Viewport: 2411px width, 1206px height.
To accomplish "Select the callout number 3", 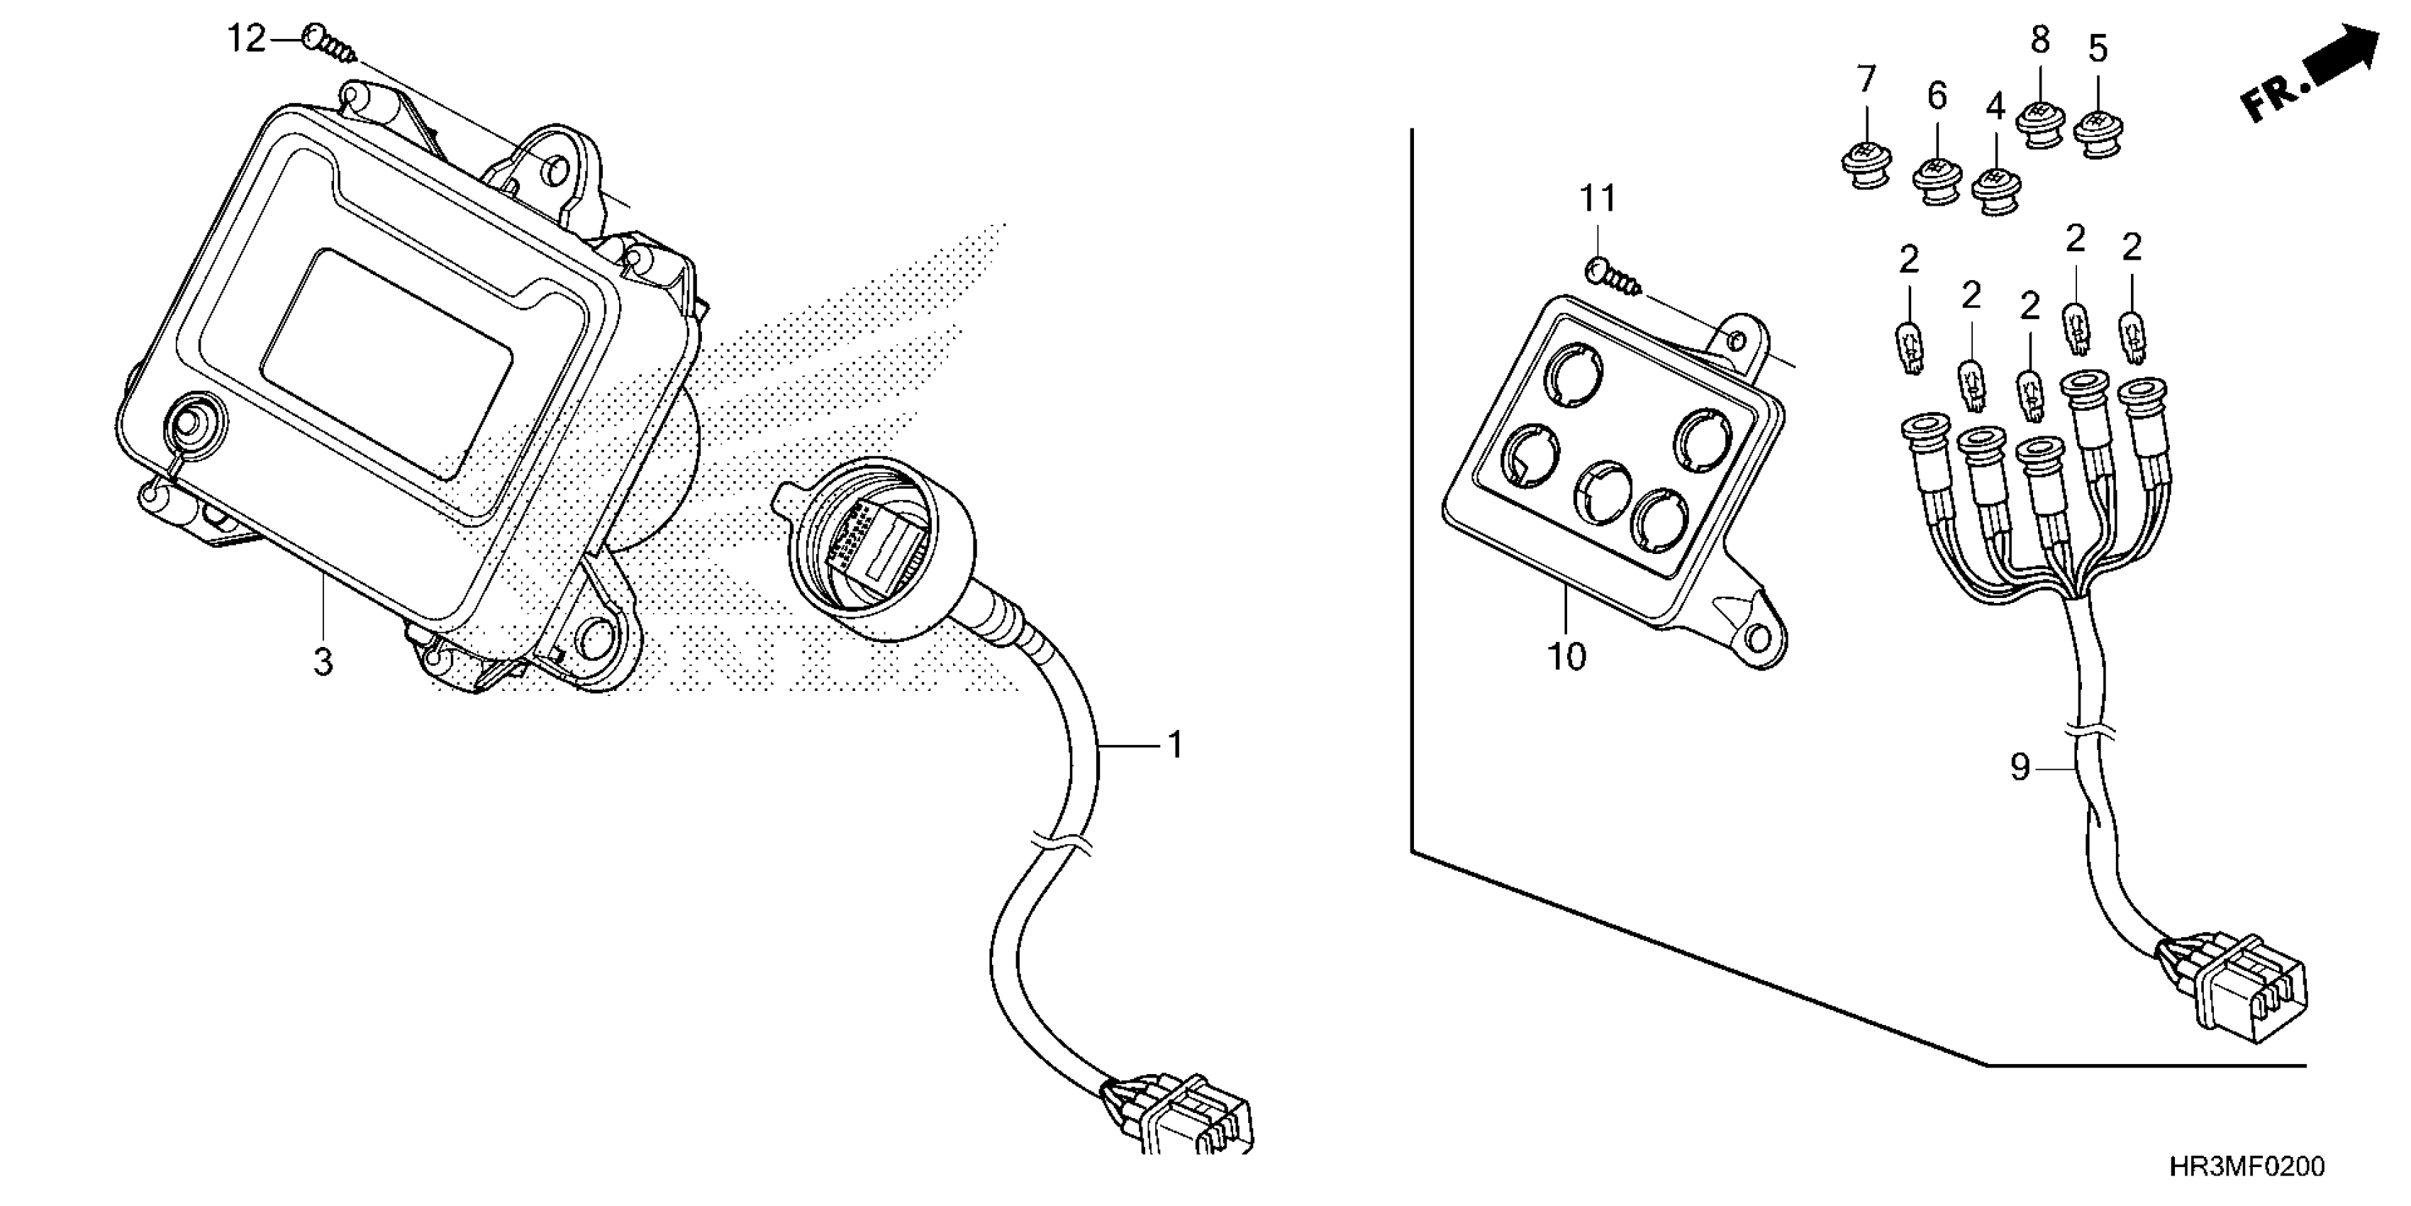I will click(322, 663).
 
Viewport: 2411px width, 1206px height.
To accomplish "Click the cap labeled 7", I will click(1864, 169).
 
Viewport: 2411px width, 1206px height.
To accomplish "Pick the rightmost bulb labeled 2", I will click(2132, 338).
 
